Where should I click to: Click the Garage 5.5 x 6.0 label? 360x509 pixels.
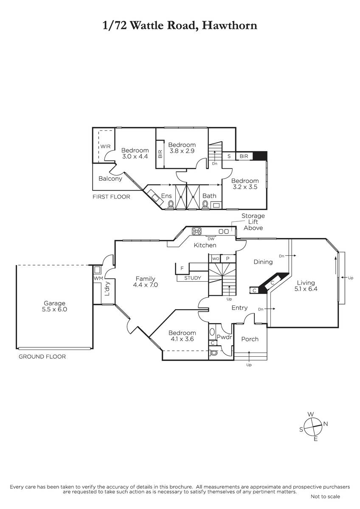(x=54, y=306)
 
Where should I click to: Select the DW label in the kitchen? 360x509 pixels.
(x=211, y=239)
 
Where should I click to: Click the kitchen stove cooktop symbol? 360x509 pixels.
(x=197, y=231)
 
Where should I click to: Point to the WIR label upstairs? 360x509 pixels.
(x=105, y=146)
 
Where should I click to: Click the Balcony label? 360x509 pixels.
(x=110, y=179)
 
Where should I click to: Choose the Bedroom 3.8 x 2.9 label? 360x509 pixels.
(x=182, y=148)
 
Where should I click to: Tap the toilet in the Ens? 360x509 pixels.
(x=171, y=204)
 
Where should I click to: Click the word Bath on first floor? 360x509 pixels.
(x=209, y=196)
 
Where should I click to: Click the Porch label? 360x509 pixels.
(x=250, y=339)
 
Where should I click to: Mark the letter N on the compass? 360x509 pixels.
(x=326, y=423)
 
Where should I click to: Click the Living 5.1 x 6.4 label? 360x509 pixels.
(x=306, y=285)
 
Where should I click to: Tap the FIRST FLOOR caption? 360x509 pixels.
(x=112, y=197)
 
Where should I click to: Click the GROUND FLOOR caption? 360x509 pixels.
(x=42, y=357)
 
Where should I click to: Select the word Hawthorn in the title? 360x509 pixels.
(x=229, y=25)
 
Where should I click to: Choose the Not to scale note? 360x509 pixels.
(x=325, y=496)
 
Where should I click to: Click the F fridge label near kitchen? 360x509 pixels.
(x=182, y=268)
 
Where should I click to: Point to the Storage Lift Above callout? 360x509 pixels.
(x=253, y=222)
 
